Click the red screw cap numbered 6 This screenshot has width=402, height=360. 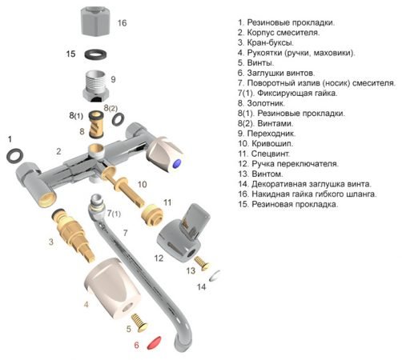pyautogui.click(x=155, y=343)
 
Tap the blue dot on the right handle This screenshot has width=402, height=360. pyautogui.click(x=177, y=163)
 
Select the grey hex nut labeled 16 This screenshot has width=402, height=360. pyautogui.click(x=95, y=22)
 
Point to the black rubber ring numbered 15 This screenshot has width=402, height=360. pyautogui.click(x=95, y=54)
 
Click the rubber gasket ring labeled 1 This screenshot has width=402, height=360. pyautogui.click(x=14, y=156)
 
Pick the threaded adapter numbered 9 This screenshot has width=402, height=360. pyautogui.click(x=96, y=86)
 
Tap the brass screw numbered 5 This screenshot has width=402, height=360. pyautogui.click(x=140, y=322)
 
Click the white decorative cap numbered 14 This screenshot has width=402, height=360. pyautogui.click(x=215, y=276)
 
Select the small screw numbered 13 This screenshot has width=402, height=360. pyautogui.click(x=202, y=263)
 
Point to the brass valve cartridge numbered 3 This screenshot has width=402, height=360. pyautogui.click(x=74, y=234)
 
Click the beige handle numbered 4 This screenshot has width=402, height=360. pyautogui.click(x=112, y=289)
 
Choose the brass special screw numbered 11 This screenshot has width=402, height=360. pyautogui.click(x=152, y=214)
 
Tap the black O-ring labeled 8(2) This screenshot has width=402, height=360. pyautogui.click(x=118, y=119)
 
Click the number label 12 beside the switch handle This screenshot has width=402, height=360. pyautogui.click(x=159, y=258)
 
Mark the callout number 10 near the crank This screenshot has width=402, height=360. pyautogui.click(x=143, y=184)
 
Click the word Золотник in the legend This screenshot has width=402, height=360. pyautogui.click(x=266, y=103)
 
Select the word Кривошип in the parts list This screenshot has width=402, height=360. pyautogui.click(x=272, y=143)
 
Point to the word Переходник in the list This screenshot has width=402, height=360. pyautogui.click(x=271, y=134)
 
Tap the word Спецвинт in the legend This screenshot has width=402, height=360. pyautogui.click(x=271, y=154)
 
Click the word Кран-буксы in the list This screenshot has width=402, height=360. pyautogui.click(x=270, y=42)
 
